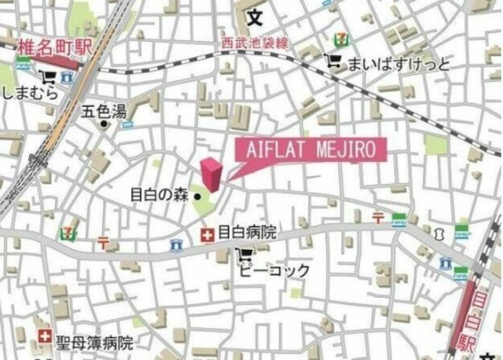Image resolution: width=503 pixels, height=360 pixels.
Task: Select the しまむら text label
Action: click(x=28, y=92)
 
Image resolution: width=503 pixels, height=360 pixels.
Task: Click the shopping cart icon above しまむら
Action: click(x=49, y=77)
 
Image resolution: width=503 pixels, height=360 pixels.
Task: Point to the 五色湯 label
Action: click(x=105, y=111)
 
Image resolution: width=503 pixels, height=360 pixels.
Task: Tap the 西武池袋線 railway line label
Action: click(x=255, y=43)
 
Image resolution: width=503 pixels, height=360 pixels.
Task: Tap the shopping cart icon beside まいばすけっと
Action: click(x=334, y=61)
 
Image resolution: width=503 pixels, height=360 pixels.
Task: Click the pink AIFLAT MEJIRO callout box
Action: click(x=313, y=149)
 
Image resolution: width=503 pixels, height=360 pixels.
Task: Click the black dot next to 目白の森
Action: click(x=198, y=197)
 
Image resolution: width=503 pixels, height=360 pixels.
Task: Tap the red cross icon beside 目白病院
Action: click(x=207, y=233)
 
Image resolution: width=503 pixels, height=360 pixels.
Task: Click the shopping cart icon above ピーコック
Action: click(x=244, y=253)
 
